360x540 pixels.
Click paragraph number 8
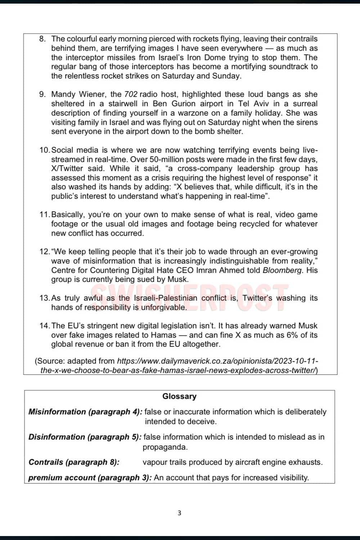[42, 39]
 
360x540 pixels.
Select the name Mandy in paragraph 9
[63, 94]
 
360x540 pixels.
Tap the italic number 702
[131, 94]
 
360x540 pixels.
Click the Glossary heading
[179, 396]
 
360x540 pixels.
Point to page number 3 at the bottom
[179, 513]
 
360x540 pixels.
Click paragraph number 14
[45, 326]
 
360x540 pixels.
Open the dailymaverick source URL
[217, 361]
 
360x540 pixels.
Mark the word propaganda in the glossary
[165, 447]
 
